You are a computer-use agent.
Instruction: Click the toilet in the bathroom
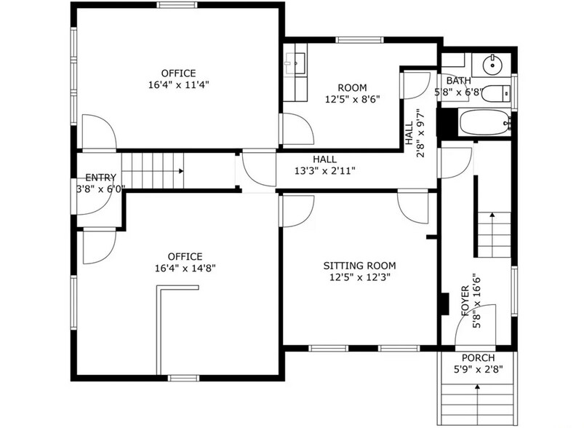[x=496, y=93]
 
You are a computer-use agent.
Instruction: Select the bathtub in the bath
[x=485, y=122]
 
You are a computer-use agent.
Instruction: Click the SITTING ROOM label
[x=359, y=266]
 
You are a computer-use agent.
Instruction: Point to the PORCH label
[x=479, y=358]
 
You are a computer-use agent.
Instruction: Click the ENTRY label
[x=100, y=178]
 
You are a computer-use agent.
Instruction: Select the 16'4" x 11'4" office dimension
[x=179, y=85]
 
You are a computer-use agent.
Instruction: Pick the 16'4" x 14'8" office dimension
[x=185, y=269]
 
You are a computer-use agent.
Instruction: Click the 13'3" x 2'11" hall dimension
[x=325, y=171]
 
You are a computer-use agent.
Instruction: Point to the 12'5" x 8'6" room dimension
[x=352, y=100]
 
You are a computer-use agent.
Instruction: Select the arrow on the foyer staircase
[x=492, y=234]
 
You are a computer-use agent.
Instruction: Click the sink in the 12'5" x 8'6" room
[x=296, y=63]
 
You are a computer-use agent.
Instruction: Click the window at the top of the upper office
[x=177, y=5]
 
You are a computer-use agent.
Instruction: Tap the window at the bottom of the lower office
[x=183, y=378]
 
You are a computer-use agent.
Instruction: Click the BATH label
[x=458, y=81]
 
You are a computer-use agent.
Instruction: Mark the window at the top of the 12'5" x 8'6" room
[x=359, y=40]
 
